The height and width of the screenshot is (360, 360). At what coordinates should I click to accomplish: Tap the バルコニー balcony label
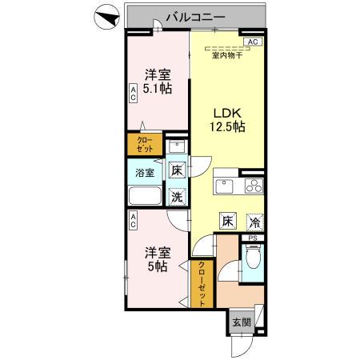pyautogui.click(x=196, y=16)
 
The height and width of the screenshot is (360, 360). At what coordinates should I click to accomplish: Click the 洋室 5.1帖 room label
pyautogui.click(x=158, y=82)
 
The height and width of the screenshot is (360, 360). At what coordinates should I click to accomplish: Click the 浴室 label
pyautogui.click(x=145, y=172)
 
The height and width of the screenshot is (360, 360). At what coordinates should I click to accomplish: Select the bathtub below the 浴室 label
pyautogui.click(x=145, y=197)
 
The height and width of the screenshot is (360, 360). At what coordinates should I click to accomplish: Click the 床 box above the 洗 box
pyautogui.click(x=177, y=170)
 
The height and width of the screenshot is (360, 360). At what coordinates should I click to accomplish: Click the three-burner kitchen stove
pyautogui.click(x=253, y=188)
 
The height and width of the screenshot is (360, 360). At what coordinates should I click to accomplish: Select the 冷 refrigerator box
pyautogui.click(x=254, y=222)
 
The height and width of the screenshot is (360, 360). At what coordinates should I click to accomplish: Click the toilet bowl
pyautogui.click(x=253, y=259)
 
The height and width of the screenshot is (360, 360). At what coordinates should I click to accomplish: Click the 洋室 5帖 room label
pyautogui.click(x=156, y=260)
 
